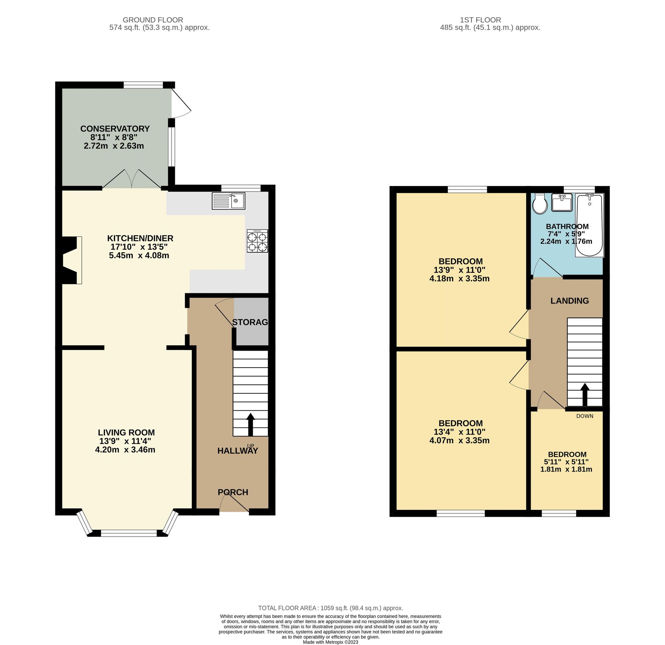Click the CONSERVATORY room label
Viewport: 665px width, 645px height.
coord(115,129)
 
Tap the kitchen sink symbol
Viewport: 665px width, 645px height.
coord(228,201)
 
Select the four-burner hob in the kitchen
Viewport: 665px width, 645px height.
coord(257,242)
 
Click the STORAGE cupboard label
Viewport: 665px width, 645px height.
coord(250,322)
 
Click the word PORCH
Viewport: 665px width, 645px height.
coord(233,492)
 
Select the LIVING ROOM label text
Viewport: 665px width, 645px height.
coord(126,433)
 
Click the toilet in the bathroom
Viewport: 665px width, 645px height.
coord(540,204)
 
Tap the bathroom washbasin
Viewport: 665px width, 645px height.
coord(562,203)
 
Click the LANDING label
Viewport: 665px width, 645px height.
coord(570,301)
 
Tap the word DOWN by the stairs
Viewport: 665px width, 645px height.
coord(585,416)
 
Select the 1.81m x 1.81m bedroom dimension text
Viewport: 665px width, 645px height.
coord(566,469)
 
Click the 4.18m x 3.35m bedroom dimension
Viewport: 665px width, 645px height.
coord(459,279)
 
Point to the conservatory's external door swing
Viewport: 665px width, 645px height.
coord(181,104)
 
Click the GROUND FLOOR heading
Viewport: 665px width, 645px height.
coord(153,20)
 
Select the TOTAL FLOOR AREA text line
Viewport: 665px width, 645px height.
coord(331,608)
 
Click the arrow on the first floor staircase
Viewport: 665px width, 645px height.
coord(585,394)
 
